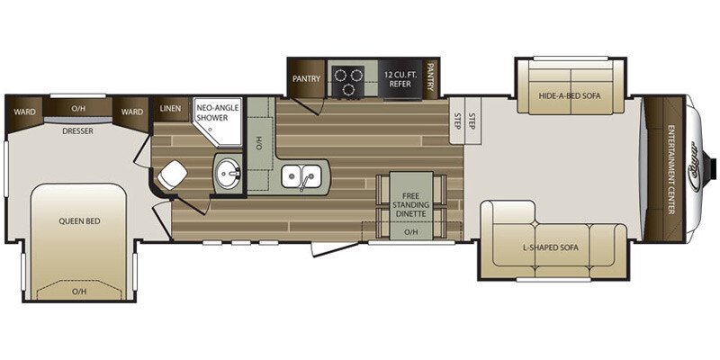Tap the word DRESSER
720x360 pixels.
click(77, 130)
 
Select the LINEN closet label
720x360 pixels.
click(170, 109)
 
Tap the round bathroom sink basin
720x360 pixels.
click(228, 173)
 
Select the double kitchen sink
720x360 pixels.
click(301, 176)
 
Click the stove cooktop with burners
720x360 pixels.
click(346, 81)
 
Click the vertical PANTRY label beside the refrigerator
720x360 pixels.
click(431, 79)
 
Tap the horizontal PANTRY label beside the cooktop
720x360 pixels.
click(307, 79)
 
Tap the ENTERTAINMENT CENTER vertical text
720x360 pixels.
click(670, 170)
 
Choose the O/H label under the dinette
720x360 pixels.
click(410, 232)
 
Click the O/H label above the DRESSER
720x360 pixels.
click(77, 109)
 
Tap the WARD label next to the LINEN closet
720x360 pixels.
click(131, 112)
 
